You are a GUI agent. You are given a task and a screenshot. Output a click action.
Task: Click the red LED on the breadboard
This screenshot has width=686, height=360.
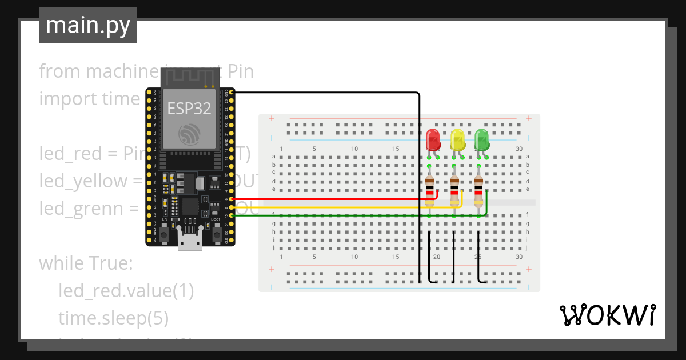click(433, 139)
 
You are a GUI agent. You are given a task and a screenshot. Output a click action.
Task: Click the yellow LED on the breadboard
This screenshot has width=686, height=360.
click(457, 139)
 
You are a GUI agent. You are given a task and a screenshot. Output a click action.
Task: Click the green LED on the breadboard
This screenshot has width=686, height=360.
click(482, 139)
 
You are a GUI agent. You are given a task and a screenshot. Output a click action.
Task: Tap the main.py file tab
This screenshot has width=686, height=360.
click(88, 25)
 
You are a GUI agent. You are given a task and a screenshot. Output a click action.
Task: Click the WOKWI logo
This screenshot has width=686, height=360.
click(607, 315)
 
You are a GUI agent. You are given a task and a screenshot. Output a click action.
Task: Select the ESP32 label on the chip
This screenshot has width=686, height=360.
click(189, 109)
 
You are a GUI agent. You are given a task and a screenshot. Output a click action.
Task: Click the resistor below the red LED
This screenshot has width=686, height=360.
click(430, 190)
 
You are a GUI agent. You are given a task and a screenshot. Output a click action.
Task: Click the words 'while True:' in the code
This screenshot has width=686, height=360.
click(86, 264)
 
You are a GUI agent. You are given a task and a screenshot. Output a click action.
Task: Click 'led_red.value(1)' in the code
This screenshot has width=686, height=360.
click(126, 291)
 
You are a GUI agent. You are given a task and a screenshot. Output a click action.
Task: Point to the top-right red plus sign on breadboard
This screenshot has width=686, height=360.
click(529, 119)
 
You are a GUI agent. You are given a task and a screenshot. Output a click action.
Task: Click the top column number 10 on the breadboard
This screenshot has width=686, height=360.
click(354, 149)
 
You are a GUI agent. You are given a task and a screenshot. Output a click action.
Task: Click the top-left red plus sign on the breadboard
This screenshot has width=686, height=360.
click(271, 119)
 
